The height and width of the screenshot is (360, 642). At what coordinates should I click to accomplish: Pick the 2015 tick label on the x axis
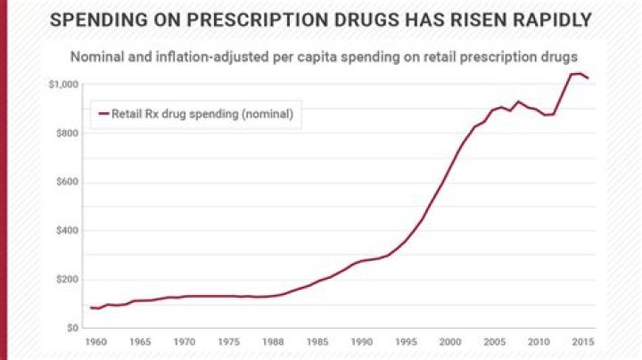(582, 342)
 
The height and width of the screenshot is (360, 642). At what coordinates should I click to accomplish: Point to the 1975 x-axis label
(228, 342)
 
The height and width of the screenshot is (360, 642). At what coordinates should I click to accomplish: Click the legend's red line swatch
(103, 114)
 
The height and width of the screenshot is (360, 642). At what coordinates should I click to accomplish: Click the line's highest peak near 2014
(575, 73)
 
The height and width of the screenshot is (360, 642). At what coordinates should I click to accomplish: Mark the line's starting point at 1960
(91, 307)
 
